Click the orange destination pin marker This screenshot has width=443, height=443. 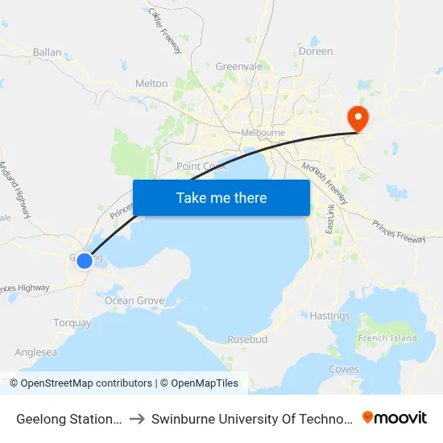(x=355, y=119)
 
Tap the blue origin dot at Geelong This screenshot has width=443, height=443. (x=84, y=260)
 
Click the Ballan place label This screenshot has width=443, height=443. (x=48, y=52)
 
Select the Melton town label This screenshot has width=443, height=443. (x=151, y=83)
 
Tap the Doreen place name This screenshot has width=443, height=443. (x=315, y=51)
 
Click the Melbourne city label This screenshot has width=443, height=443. (x=263, y=133)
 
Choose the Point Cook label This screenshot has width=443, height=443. (x=201, y=166)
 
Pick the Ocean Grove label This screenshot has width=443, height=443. (x=134, y=300)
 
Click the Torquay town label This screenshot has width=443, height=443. (x=72, y=323)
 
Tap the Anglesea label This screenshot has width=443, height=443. (x=36, y=352)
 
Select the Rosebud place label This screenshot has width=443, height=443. (x=247, y=339)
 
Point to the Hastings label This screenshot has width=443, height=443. (x=329, y=316)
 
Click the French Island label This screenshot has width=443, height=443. (x=387, y=338)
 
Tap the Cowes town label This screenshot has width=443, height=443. (x=344, y=369)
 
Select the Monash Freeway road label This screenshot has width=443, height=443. (x=324, y=184)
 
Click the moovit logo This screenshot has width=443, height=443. (x=395, y=417)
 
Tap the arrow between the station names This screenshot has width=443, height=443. (x=137, y=418)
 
